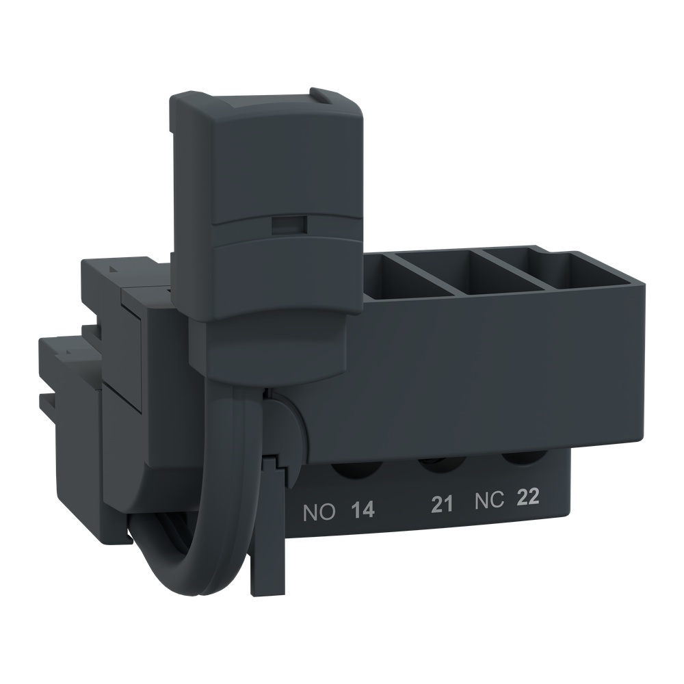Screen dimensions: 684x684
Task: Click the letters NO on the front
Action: coord(319,511)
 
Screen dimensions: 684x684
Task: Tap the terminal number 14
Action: coord(363,510)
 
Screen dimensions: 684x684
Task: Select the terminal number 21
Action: coord(443,505)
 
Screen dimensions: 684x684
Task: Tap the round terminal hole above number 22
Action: coord(518,459)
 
